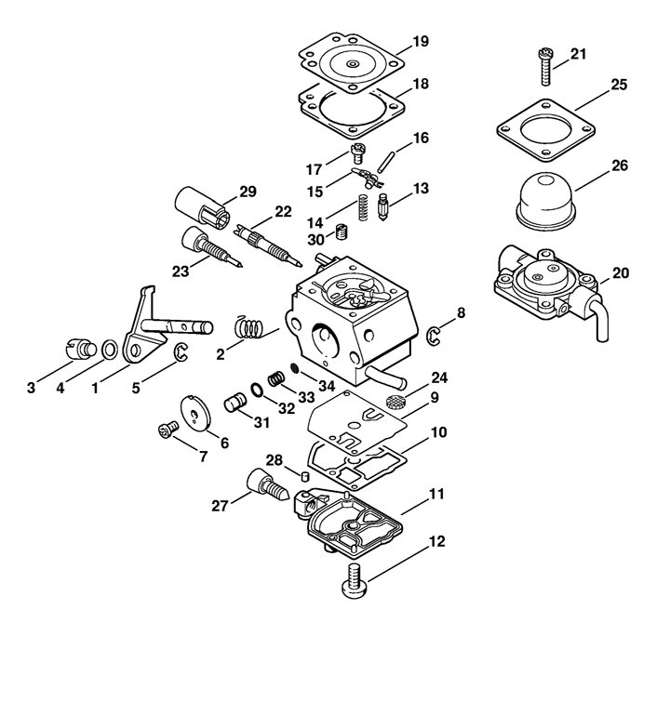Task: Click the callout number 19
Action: click(x=421, y=41)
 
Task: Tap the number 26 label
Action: click(x=620, y=166)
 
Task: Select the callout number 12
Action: click(x=437, y=541)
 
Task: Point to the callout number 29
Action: click(x=248, y=192)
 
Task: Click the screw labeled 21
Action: click(x=545, y=66)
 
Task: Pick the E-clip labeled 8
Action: click(x=433, y=337)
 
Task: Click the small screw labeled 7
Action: click(x=167, y=430)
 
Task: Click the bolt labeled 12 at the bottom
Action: click(x=355, y=581)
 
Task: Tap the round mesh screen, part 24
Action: click(x=393, y=401)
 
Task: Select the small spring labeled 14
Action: click(x=364, y=206)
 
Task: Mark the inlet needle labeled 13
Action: click(x=383, y=206)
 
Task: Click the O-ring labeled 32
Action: click(x=257, y=390)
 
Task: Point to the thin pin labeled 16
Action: click(x=386, y=162)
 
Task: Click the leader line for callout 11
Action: click(x=414, y=507)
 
